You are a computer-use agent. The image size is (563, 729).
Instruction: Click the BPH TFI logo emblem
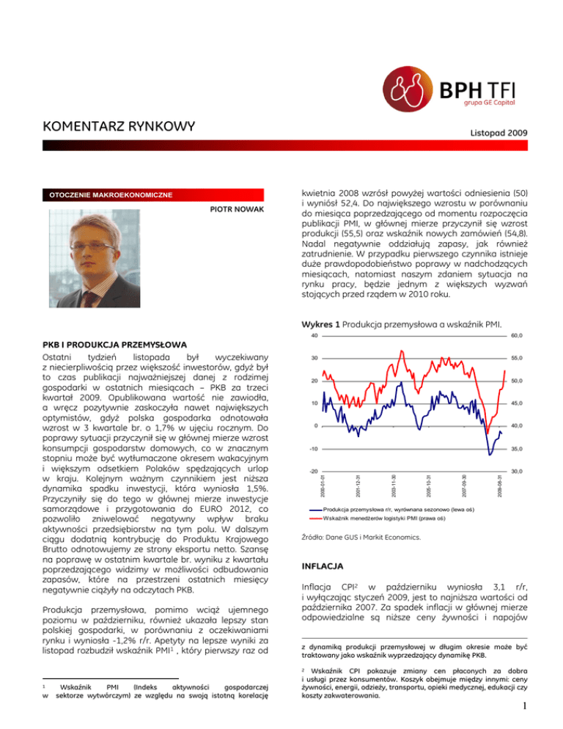(x=411, y=88)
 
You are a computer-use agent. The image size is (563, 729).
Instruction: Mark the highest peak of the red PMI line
(x=401, y=351)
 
